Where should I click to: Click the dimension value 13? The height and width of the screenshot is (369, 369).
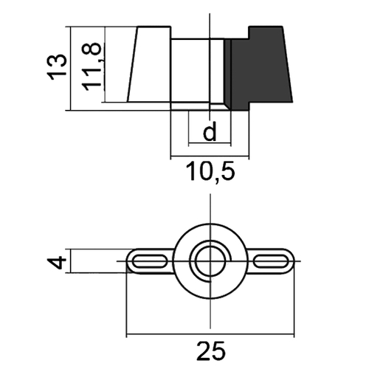tap(57, 67)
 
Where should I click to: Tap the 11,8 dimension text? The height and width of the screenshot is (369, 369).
tap(92, 66)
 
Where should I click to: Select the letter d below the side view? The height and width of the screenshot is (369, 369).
tap(210, 131)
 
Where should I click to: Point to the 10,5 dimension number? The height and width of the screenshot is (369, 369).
tap(210, 172)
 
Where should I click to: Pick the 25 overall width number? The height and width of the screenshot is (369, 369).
tap(211, 351)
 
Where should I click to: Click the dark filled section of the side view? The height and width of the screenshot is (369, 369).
tap(261, 68)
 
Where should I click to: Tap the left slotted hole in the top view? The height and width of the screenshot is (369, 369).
tap(149, 261)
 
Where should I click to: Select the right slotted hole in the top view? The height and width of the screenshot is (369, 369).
tap(271, 261)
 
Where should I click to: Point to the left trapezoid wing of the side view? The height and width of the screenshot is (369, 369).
tap(149, 64)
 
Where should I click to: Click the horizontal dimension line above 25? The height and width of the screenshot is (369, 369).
tap(210, 334)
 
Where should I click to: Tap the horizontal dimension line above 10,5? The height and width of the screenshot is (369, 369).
tap(210, 156)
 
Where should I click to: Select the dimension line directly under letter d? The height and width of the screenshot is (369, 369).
tap(210, 143)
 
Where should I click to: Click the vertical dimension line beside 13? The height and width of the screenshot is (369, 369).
tap(71, 69)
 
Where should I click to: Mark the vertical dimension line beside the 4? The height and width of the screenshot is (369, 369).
tap(71, 261)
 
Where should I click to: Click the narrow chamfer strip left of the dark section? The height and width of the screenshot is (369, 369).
tap(227, 74)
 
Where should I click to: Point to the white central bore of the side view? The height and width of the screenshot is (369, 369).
tap(197, 70)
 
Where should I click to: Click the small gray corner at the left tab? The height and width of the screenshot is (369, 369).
tap(128, 270)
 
